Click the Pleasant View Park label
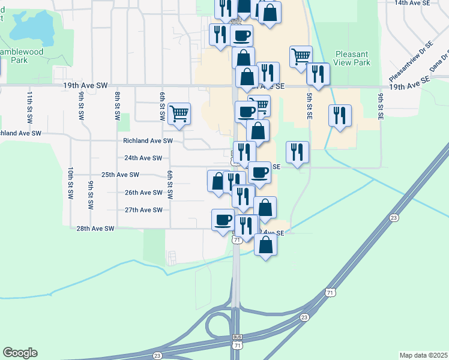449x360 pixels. pos(352,58)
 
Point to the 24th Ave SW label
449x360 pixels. pos(143,158)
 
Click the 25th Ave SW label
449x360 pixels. pos(120,175)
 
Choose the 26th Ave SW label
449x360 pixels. pos(143,193)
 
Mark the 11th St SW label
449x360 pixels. pos(29,106)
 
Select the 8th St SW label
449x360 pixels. pos(118,106)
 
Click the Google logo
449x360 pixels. pos(20,353)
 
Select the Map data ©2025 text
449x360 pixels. pos(423,355)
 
